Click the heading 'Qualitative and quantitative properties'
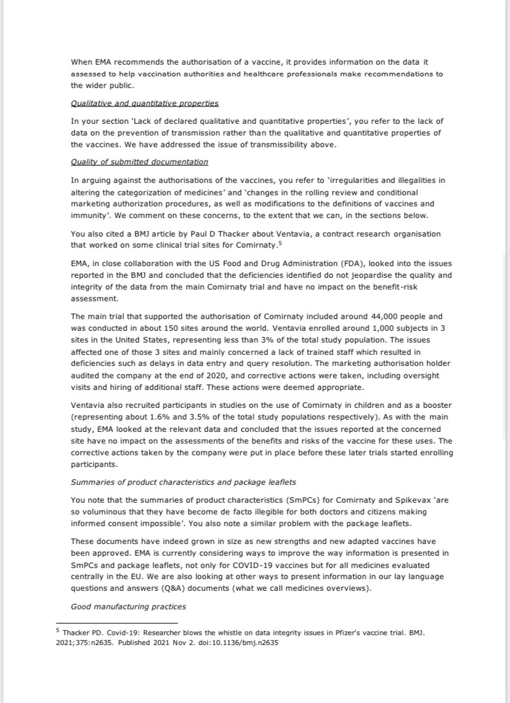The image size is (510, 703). click(145, 103)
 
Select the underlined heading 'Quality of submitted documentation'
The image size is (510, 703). click(139, 162)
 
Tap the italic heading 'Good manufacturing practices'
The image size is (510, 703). click(129, 607)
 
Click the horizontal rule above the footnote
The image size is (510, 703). click(116, 624)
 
